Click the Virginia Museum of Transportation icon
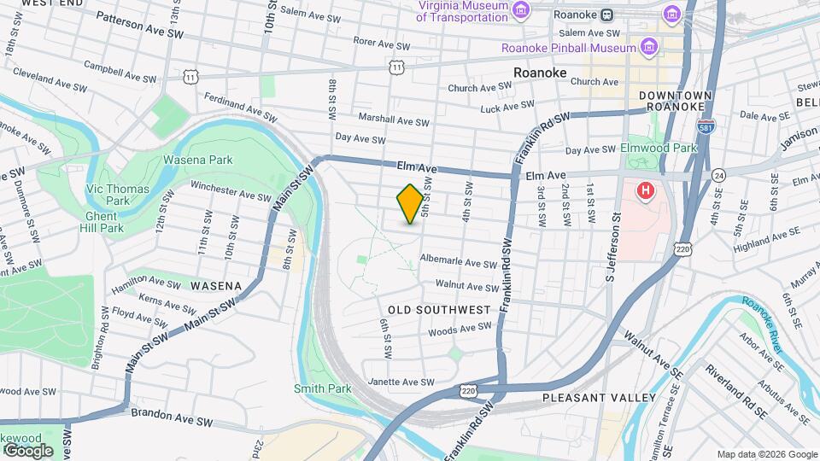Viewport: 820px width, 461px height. [523, 9]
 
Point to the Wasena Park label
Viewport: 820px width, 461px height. [197, 160]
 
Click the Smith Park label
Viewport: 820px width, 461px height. [323, 388]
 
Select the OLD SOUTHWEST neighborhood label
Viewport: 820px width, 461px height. [439, 309]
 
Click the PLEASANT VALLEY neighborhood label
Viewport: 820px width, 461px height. [600, 398]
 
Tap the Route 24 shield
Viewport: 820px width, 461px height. [719, 175]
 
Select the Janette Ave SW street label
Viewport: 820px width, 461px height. [395, 382]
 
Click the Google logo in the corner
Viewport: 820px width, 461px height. [27, 450]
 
